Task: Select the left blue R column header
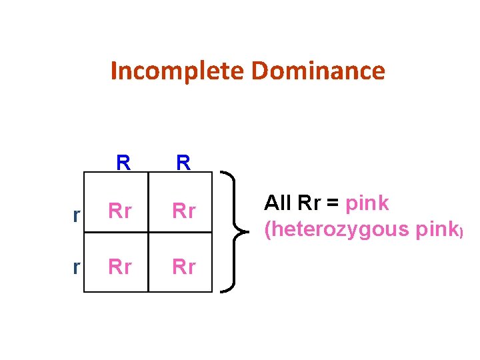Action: click(123, 163)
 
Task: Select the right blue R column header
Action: click(184, 163)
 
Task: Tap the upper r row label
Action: click(77, 213)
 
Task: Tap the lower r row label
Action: click(77, 267)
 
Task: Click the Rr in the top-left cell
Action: click(120, 211)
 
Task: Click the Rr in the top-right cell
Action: click(184, 211)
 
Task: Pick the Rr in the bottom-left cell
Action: click(120, 267)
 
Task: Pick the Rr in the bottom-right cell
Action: click(184, 267)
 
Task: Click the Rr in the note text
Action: click(310, 203)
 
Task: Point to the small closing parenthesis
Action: click(460, 231)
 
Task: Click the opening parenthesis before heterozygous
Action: click(268, 230)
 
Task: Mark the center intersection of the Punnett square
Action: click(148, 233)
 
